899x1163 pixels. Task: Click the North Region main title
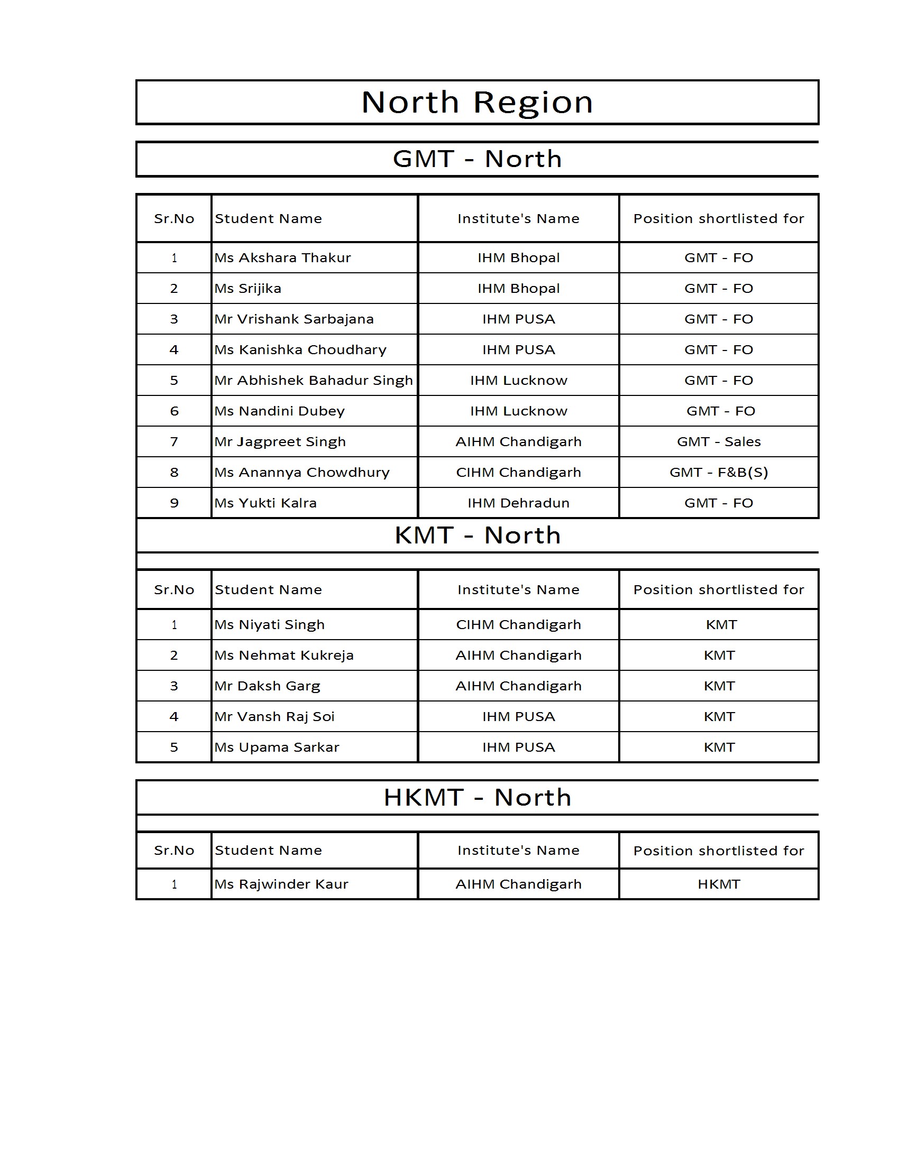(x=476, y=101)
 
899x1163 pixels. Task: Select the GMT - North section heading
(x=476, y=159)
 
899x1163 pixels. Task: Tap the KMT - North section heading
(x=477, y=535)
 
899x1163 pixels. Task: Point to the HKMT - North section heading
(x=477, y=797)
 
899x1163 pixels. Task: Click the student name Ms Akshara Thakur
(x=282, y=258)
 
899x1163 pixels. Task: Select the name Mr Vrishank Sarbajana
(x=293, y=319)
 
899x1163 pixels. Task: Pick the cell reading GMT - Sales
(x=719, y=441)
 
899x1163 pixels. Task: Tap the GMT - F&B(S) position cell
(x=719, y=472)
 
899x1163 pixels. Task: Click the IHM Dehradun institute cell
(x=518, y=503)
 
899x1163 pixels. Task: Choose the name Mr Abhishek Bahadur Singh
(x=313, y=380)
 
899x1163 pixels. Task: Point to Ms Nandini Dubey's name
(x=279, y=411)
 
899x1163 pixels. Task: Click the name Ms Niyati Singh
(x=269, y=625)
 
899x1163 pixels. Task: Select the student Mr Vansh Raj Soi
(x=274, y=716)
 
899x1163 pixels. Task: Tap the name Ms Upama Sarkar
(x=277, y=747)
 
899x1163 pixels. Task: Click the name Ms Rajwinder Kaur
(x=281, y=884)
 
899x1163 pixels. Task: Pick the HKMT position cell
(x=719, y=884)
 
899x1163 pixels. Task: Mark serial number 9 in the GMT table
(x=174, y=503)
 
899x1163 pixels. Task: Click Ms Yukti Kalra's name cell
(x=265, y=503)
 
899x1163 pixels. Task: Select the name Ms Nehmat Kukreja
(x=283, y=655)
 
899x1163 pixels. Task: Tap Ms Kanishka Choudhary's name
(x=300, y=350)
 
